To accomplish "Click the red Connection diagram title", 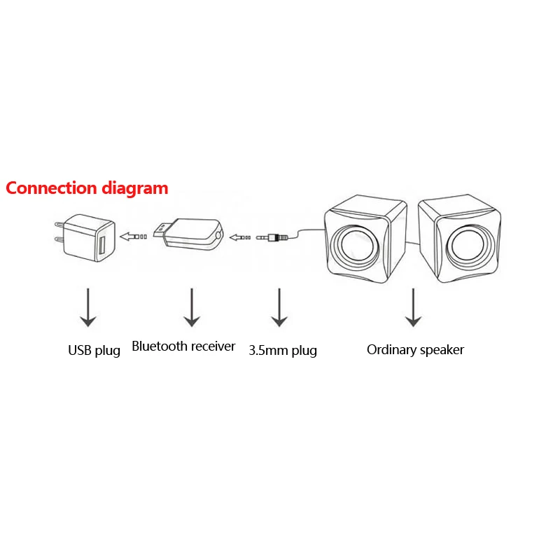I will (x=87, y=188).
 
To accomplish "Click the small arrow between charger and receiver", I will (x=133, y=237).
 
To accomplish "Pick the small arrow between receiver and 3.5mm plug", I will (x=241, y=237).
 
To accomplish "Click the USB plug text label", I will (x=94, y=350).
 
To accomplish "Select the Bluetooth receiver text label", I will (x=183, y=346).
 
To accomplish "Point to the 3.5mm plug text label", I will (x=283, y=350).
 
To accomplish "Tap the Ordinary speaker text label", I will (x=415, y=349).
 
